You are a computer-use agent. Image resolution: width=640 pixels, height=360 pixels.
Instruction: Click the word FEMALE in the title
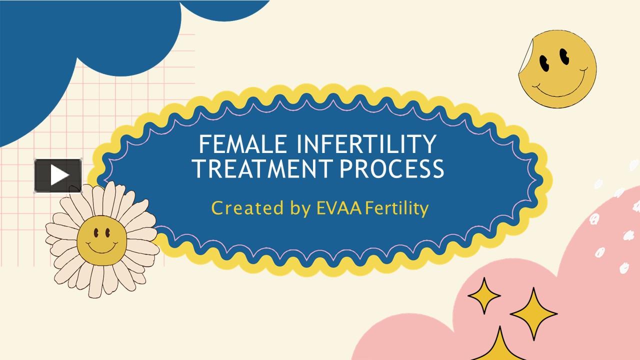(242, 144)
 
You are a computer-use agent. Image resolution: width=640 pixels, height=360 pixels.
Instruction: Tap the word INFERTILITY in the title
(366, 144)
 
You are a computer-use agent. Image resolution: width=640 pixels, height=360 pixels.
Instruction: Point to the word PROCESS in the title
(391, 168)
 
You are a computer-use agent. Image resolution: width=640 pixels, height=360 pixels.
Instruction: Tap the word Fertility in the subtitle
(397, 209)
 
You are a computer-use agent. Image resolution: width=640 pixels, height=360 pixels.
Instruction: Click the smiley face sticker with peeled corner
(557, 69)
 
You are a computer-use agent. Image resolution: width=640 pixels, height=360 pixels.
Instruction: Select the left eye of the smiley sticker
(544, 63)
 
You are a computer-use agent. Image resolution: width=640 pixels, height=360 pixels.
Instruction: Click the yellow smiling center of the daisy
(101, 240)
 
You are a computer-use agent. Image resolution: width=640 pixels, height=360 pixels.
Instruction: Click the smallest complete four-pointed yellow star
(484, 295)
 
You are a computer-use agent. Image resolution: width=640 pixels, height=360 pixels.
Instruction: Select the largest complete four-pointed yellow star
(533, 314)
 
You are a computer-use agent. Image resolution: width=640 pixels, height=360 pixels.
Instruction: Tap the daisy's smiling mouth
(102, 247)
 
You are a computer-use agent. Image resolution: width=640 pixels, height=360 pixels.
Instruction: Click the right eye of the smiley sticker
(564, 56)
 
